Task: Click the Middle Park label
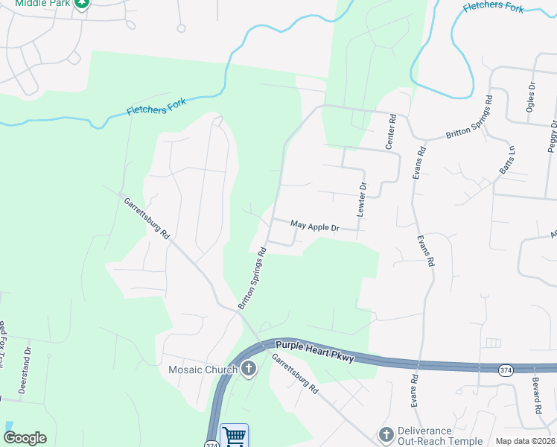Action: (42, 3)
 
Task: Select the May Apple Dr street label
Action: (314, 224)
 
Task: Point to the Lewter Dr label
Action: (361, 200)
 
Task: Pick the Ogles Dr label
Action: (531, 95)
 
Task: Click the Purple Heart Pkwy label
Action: (313, 351)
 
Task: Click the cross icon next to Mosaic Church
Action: (249, 369)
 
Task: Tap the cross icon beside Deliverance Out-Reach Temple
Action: (386, 434)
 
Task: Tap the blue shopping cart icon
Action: (235, 436)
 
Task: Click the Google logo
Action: (25, 438)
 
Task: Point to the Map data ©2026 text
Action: (525, 441)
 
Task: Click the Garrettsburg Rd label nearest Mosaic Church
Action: (294, 373)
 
